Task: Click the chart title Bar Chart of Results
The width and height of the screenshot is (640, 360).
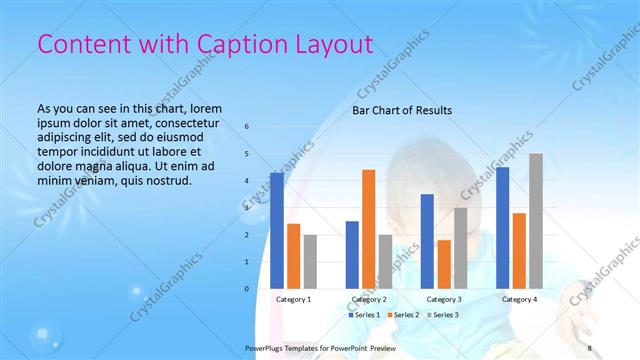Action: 401,110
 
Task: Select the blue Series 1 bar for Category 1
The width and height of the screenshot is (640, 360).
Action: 277,230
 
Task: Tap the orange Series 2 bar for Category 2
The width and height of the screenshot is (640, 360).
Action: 369,229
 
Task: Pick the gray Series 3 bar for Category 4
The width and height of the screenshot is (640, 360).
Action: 536,221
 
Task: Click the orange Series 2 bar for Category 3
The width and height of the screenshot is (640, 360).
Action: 444,264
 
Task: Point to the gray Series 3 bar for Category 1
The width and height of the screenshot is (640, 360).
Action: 310,261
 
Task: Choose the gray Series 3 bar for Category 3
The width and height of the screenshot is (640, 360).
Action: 461,248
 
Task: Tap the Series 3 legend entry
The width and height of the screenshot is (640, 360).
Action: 440,315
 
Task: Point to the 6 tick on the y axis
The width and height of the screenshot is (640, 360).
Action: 247,126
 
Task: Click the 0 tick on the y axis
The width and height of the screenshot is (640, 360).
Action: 247,289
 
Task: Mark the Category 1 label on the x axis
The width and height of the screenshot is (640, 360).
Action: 293,299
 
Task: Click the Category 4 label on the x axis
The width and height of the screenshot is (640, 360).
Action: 519,299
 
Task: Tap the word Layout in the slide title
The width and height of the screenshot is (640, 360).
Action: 334,45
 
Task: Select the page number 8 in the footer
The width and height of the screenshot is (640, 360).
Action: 590,348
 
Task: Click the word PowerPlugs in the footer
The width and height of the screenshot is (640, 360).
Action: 265,348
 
